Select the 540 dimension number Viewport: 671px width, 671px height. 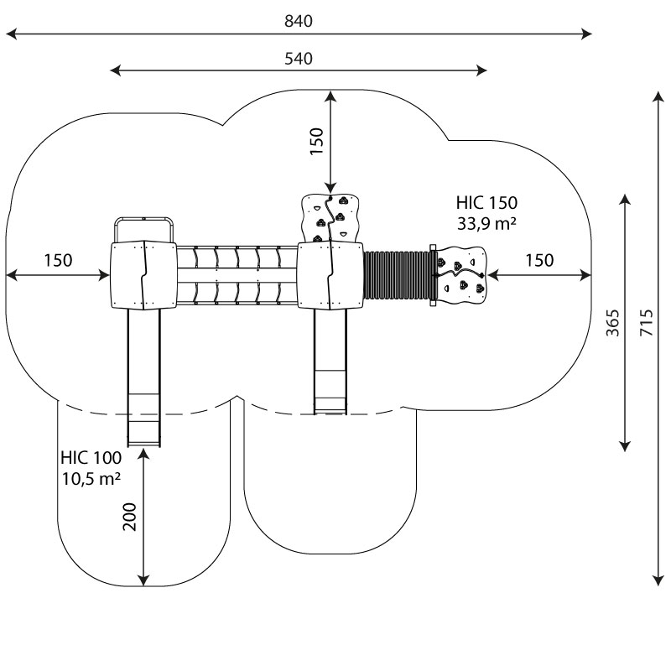pyautogui.click(x=298, y=59)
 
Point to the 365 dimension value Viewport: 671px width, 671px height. pyautogui.click(x=613, y=323)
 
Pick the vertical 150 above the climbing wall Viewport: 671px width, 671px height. pyautogui.click(x=316, y=141)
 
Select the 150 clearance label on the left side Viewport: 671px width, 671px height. pyautogui.click(x=58, y=260)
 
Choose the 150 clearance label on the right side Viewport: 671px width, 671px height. pyautogui.click(x=539, y=260)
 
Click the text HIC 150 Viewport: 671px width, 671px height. pyautogui.click(x=486, y=202)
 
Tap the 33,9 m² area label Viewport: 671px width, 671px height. pyautogui.click(x=486, y=223)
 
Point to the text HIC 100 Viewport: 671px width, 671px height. pyautogui.click(x=91, y=458)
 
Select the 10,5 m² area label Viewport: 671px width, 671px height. pyautogui.click(x=91, y=479)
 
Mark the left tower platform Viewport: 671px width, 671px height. pyautogui.click(x=143, y=275)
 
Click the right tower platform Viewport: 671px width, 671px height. pyautogui.click(x=330, y=275)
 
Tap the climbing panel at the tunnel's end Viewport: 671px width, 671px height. pyautogui.click(x=461, y=273)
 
